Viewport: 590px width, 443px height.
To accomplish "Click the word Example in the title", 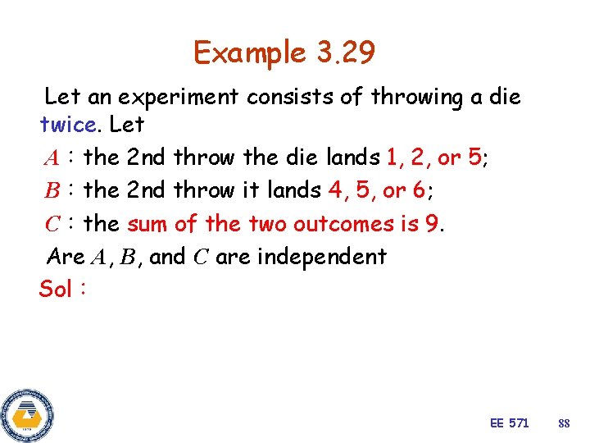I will tap(248, 53).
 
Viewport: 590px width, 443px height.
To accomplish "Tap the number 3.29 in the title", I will tap(343, 53).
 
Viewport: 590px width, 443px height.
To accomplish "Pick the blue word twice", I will tap(67, 125).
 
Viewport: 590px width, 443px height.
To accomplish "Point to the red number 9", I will tap(434, 223).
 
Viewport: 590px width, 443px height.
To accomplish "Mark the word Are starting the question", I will tap(66, 256).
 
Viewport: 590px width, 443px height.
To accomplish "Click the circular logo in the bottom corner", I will tap(27, 414).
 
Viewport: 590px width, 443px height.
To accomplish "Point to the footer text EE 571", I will tap(509, 422).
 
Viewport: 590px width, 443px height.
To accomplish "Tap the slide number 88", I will tap(563, 423).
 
